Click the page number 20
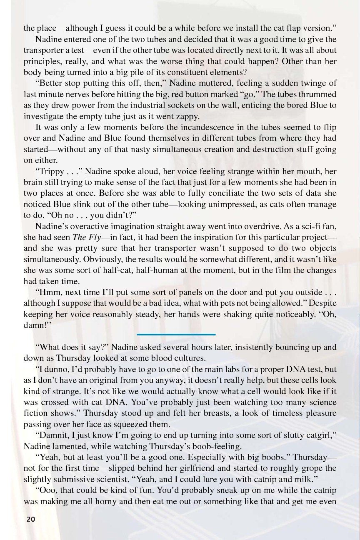pos(31,519)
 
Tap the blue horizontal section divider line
pos(176,334)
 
